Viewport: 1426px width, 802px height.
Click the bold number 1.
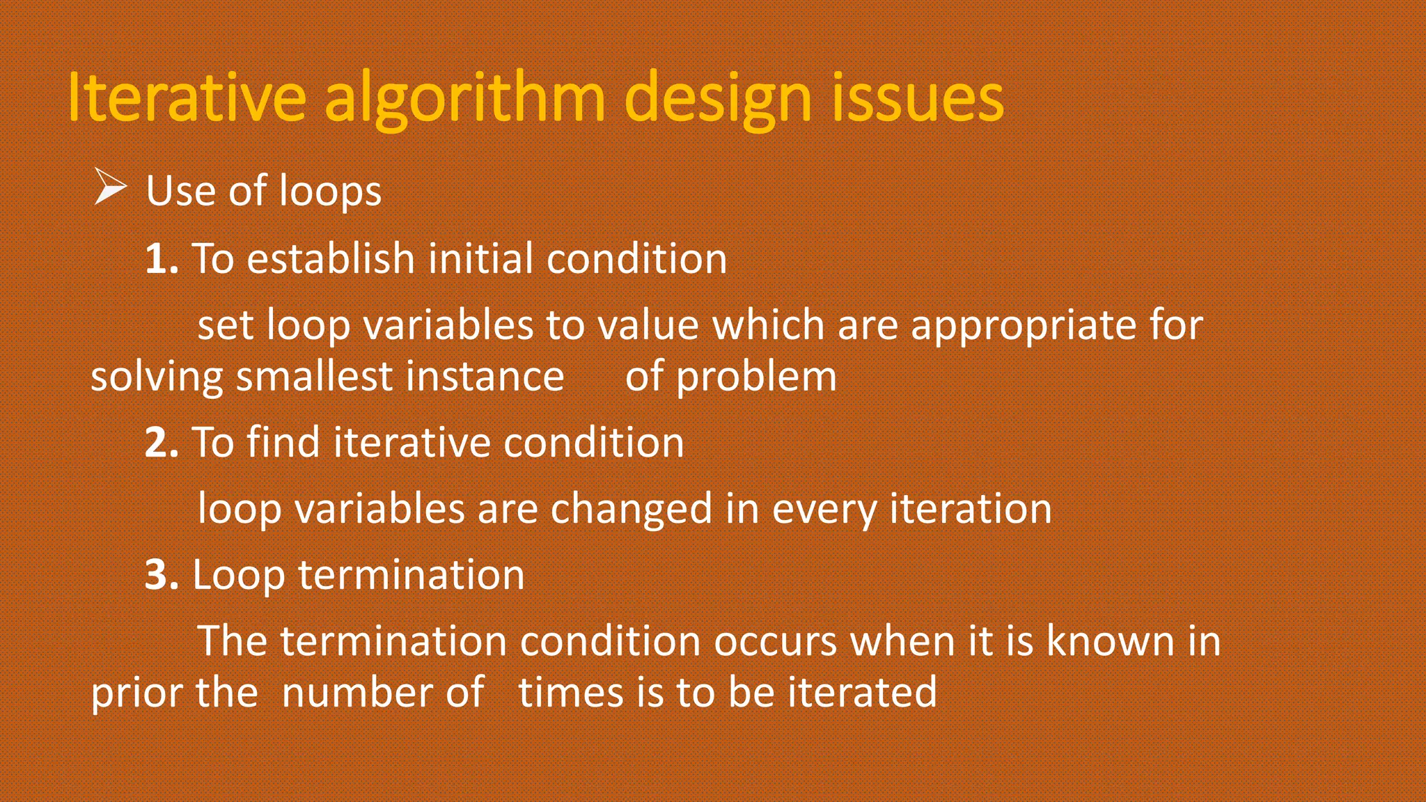click(162, 259)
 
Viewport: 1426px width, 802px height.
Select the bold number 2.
click(162, 443)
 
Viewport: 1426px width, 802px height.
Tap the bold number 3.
click(162, 576)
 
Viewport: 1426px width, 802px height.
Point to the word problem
click(756, 377)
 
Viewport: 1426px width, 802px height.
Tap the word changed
click(631, 509)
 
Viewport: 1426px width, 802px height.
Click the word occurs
click(775, 641)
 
